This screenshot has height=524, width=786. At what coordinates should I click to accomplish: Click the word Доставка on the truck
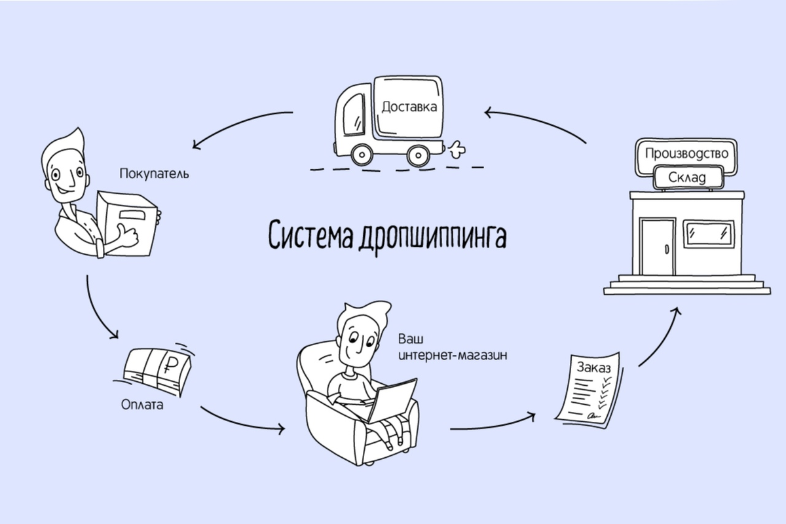[409, 106]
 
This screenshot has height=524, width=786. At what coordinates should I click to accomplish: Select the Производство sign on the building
[686, 154]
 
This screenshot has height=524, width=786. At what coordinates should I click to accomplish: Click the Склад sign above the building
[687, 177]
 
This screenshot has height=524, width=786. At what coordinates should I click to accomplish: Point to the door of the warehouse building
[658, 246]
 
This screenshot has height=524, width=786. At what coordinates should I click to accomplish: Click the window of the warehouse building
[708, 233]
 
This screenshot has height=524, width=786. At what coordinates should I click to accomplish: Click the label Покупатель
[154, 174]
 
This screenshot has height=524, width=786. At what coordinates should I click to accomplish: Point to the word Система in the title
[311, 235]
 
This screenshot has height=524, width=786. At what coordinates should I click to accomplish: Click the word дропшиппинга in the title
[432, 236]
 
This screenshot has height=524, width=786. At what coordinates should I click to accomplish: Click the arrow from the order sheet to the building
[658, 341]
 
